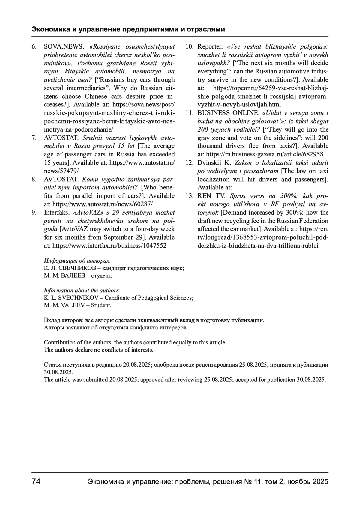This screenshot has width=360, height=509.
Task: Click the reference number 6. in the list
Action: click(34, 47)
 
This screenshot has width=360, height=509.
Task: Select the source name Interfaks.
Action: click(57, 213)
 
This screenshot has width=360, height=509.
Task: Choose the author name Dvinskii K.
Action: click(214, 163)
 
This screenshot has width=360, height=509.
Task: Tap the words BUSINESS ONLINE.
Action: click(228, 113)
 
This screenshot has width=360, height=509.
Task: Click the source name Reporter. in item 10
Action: click(210, 47)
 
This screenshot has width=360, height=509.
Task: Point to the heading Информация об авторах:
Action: click(77, 260)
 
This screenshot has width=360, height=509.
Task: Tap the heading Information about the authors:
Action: click(82, 290)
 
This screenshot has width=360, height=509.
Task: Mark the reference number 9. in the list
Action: click(34, 213)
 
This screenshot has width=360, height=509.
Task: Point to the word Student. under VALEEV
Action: click(101, 305)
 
